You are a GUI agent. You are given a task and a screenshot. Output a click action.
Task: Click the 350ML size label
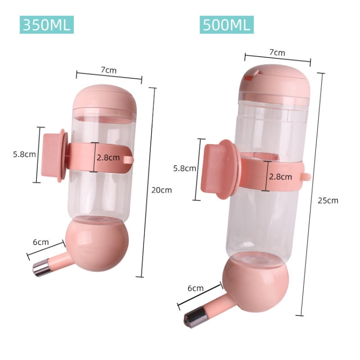pos(47,24)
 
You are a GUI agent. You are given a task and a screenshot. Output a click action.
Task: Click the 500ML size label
pos(227,24)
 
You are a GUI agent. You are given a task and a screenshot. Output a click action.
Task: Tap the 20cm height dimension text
pos(161,190)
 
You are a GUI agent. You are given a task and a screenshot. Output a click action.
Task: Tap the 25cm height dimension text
pos(328,200)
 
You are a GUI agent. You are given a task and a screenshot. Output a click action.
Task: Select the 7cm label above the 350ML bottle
pos(108,70)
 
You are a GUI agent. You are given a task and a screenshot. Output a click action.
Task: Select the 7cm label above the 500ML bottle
pos(277,52)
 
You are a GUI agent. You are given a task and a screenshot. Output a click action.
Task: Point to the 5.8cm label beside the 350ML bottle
pos(24,154)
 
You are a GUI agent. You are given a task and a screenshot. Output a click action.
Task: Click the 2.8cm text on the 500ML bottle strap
pos(280,176)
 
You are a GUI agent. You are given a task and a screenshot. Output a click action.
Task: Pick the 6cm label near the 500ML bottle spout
pos(195,288)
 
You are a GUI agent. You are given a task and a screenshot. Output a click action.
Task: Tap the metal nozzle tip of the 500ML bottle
pos(195,317)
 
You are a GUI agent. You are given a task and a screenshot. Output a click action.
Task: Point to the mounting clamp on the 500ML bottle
pos(218,168)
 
